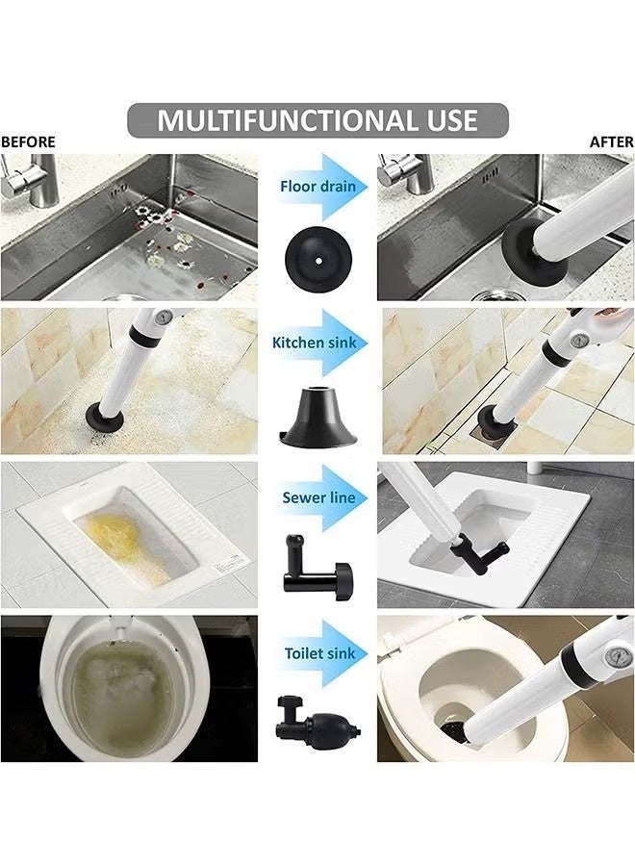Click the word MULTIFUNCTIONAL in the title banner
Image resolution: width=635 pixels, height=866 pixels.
(x=270, y=120)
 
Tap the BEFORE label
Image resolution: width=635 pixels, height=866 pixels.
(x=28, y=142)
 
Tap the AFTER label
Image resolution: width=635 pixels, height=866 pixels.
(x=611, y=142)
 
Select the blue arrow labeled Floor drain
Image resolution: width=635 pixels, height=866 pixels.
(x=318, y=186)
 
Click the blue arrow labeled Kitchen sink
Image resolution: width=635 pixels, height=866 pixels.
(x=318, y=343)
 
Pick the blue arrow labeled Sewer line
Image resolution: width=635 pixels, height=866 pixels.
(x=318, y=498)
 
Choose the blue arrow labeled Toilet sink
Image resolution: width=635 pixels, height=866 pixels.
(x=318, y=653)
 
